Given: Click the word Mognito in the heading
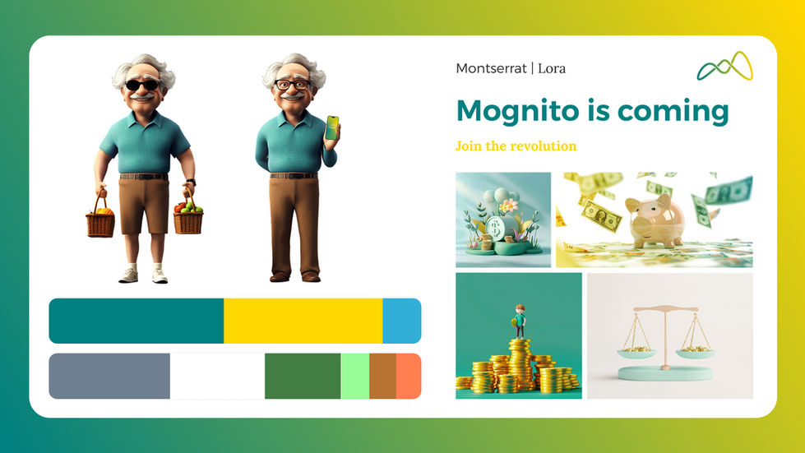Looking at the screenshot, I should (x=509, y=111).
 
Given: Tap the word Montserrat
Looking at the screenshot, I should (x=491, y=68).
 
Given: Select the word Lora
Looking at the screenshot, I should (x=551, y=68).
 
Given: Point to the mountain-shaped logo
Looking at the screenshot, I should (x=724, y=67).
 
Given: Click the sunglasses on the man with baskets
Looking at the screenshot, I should (x=141, y=84).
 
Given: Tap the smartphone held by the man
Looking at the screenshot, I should (x=331, y=127).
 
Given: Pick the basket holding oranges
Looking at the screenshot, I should (x=100, y=220).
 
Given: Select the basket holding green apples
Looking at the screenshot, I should (x=187, y=218).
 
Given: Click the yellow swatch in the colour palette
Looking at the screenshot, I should (x=303, y=321).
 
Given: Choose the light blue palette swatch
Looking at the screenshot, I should (x=402, y=321).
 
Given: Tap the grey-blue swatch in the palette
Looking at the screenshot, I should (x=109, y=376).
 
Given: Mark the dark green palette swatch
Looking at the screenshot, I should (x=302, y=376).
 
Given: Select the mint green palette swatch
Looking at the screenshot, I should (x=354, y=376).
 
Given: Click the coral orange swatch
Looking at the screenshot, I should (x=409, y=376).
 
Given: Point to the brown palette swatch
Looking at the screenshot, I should (x=382, y=376).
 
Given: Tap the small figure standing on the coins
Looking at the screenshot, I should (x=519, y=321).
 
